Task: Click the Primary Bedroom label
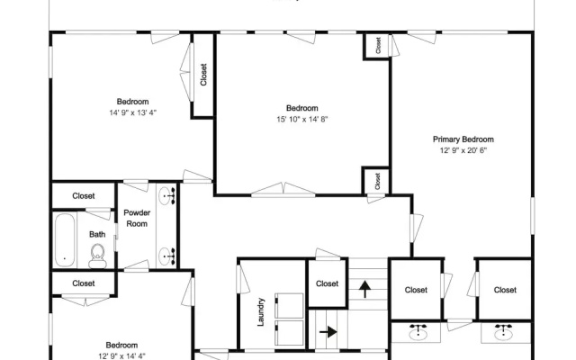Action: pos(463,139)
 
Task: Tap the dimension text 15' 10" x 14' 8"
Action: pos(302,119)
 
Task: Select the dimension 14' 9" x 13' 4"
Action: pos(132,112)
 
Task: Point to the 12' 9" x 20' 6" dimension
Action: pos(463,150)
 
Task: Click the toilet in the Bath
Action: pos(97,256)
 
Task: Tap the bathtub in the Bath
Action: pos(65,240)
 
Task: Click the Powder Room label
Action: pos(137,218)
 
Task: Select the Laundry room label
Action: pos(260,312)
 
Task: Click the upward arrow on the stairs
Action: pos(364,289)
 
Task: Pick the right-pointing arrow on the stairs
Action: pos(328,332)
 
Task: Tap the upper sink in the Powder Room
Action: pos(167,195)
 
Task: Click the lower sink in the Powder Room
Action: pos(167,256)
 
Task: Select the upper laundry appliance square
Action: pos(290,305)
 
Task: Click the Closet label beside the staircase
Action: pos(327,283)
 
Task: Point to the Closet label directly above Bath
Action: pos(84,196)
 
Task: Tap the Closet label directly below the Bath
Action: pos(84,283)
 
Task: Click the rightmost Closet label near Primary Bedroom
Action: pos(505,290)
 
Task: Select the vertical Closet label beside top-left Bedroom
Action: pos(203,75)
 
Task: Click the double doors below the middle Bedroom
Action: pos(283,189)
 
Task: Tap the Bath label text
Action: pos(97,234)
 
